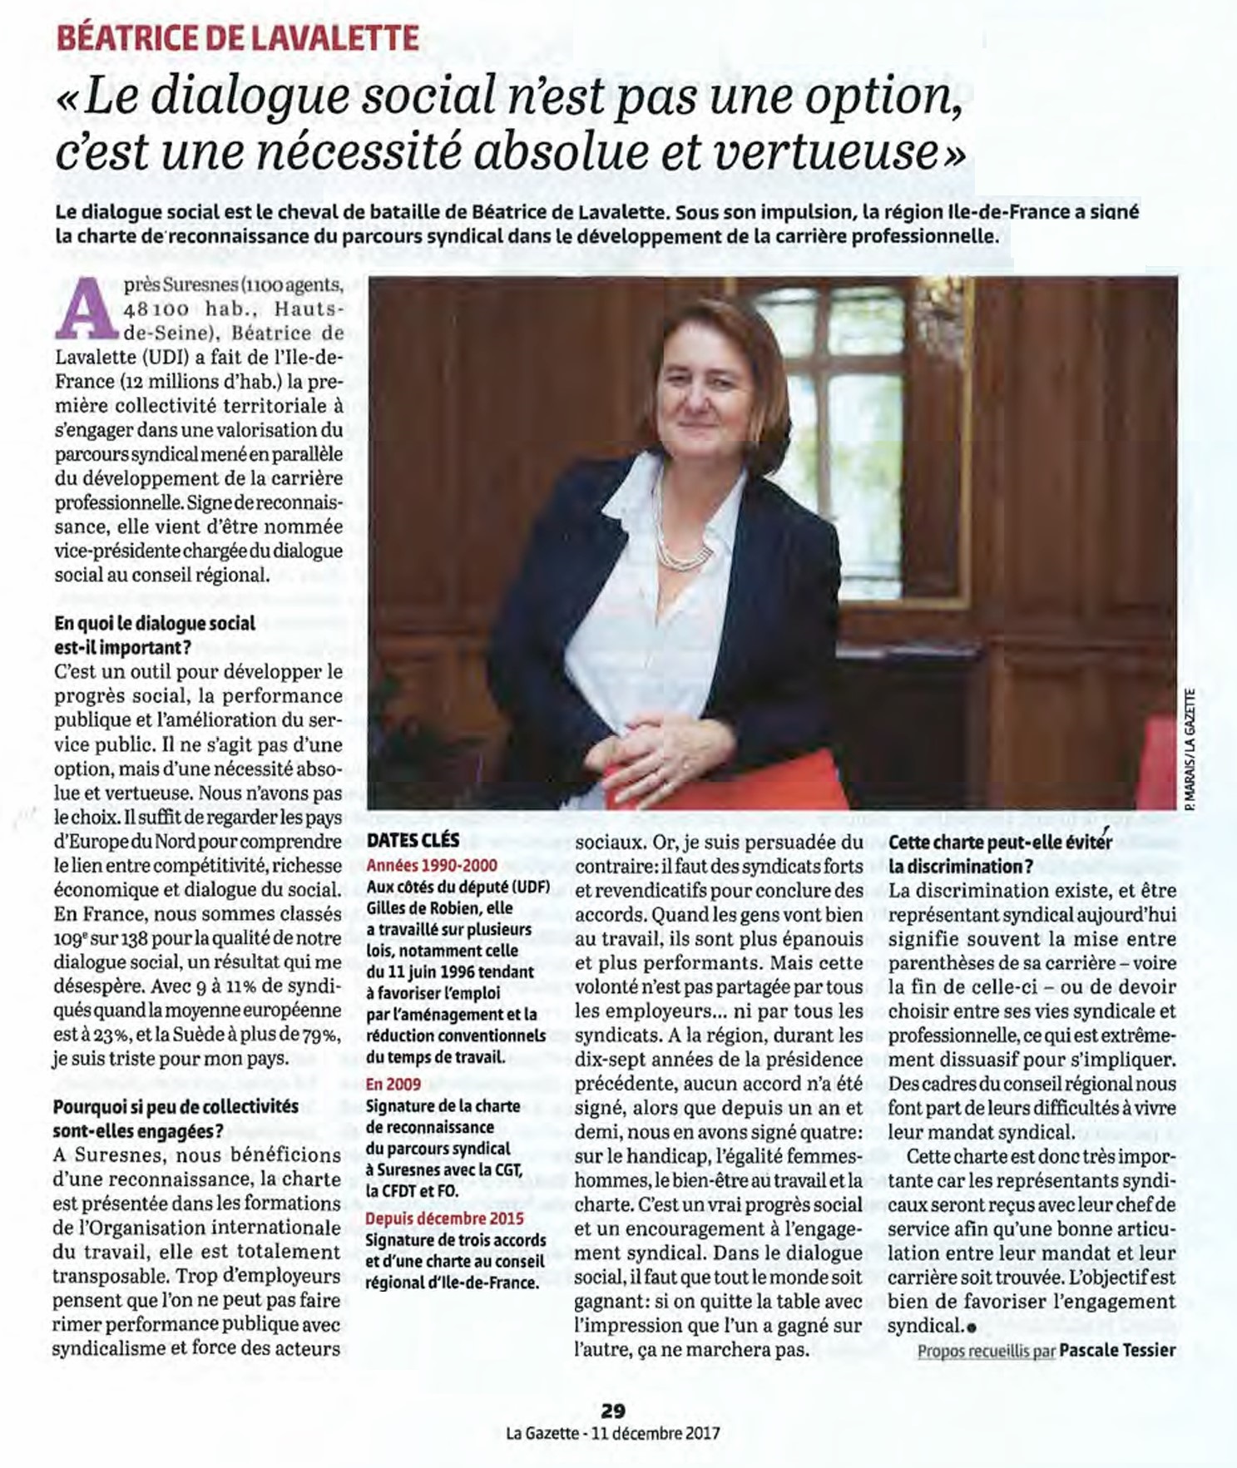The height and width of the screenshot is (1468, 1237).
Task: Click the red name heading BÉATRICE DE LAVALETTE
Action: click(237, 37)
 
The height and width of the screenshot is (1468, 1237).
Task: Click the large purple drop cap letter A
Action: click(86, 308)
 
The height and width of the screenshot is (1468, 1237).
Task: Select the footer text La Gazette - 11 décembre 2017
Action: click(613, 1433)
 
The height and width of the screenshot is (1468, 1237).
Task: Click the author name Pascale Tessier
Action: click(1117, 1350)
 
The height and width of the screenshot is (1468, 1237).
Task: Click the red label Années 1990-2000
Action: click(431, 865)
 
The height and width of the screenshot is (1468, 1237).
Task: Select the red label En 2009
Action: click(393, 1084)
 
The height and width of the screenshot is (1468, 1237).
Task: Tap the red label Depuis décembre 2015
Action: click(445, 1218)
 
